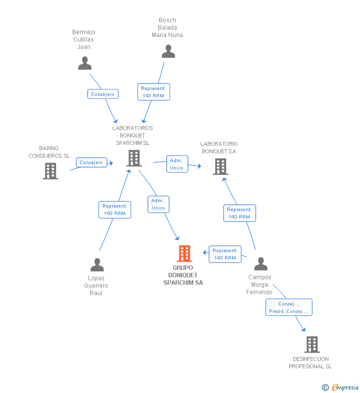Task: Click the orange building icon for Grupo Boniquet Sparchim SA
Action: click(x=184, y=254)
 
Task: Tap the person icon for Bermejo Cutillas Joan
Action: click(x=85, y=63)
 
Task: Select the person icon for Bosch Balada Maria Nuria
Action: click(x=168, y=51)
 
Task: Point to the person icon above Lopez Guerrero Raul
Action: click(x=97, y=265)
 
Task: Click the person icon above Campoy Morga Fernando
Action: click(x=260, y=264)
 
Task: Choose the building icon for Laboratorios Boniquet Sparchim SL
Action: click(x=134, y=158)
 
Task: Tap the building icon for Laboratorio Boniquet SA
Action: click(x=220, y=167)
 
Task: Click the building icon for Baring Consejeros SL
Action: click(x=50, y=171)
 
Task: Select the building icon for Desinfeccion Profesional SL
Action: click(x=312, y=344)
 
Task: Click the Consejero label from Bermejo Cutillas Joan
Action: click(x=103, y=94)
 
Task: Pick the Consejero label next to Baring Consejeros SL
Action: click(x=91, y=162)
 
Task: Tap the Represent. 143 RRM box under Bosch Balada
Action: click(x=153, y=92)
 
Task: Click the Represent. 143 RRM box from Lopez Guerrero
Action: click(x=115, y=210)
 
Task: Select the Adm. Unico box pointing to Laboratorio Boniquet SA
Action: click(x=177, y=164)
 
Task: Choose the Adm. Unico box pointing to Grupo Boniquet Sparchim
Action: click(x=158, y=204)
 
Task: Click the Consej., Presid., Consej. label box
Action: click(x=289, y=307)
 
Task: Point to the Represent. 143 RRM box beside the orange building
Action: click(x=225, y=254)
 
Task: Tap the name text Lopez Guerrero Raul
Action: click(x=96, y=286)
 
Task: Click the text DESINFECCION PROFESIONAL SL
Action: click(x=310, y=363)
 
